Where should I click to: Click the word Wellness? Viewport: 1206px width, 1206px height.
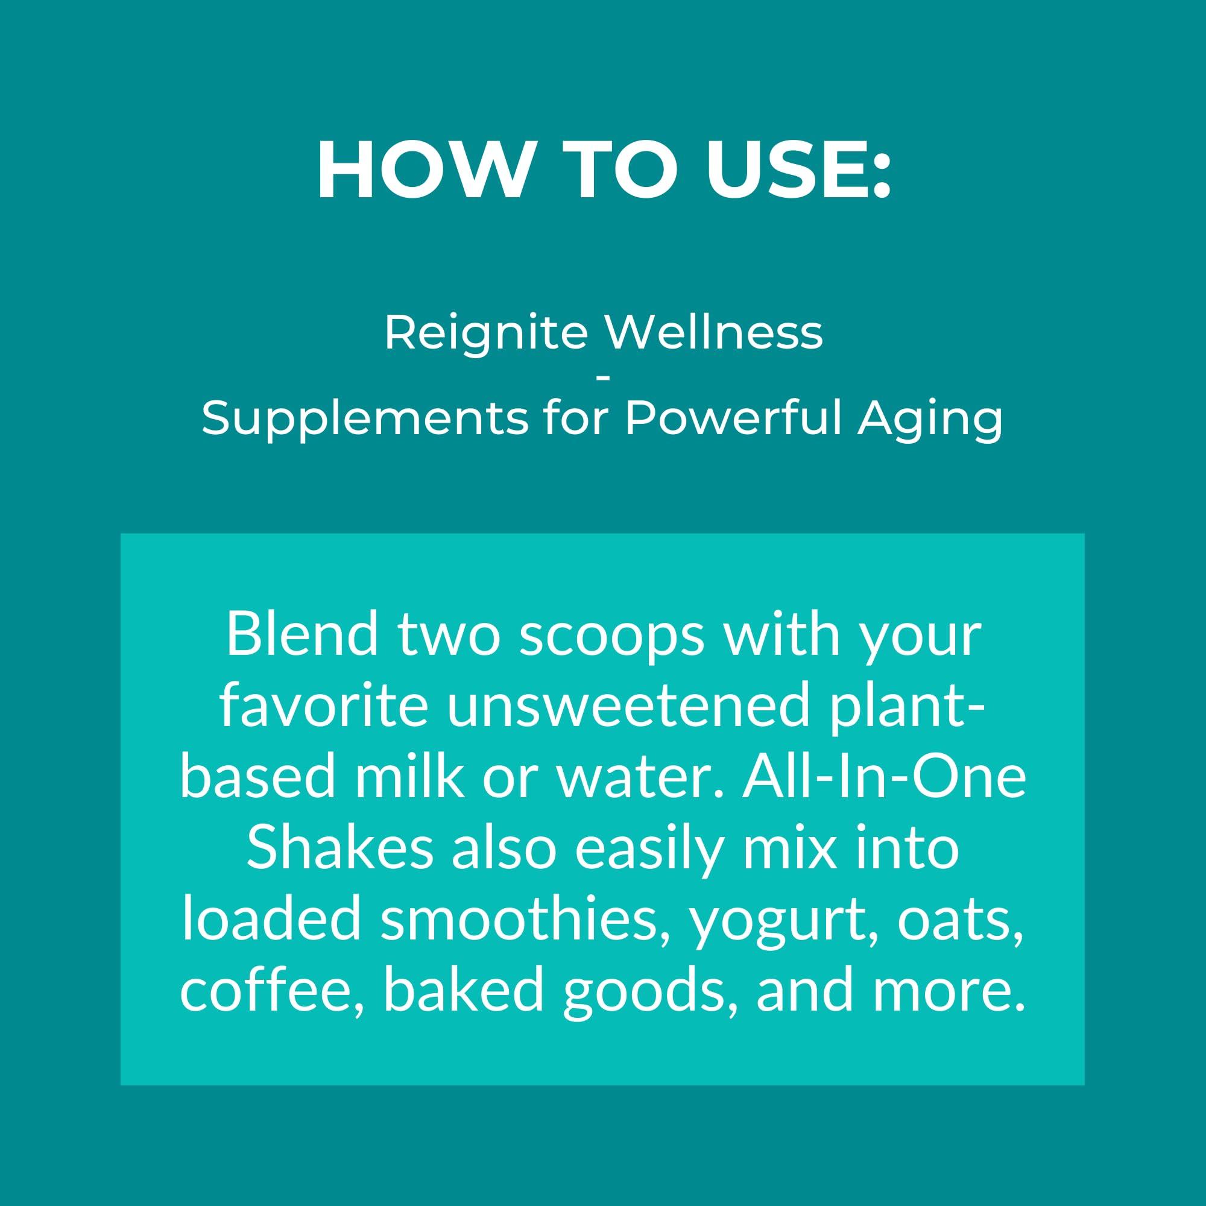pos(715,333)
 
